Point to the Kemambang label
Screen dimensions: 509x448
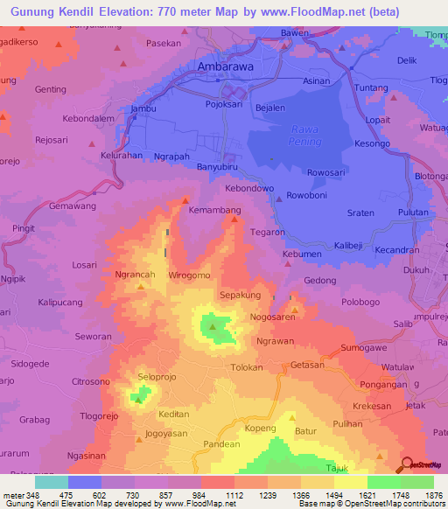click(x=214, y=211)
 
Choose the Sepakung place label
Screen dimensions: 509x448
click(x=239, y=296)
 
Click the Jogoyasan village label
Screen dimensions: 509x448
click(x=167, y=433)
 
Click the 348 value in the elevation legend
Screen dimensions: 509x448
click(x=32, y=494)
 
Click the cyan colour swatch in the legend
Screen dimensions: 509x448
click(x=51, y=482)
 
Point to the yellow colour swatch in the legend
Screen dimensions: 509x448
click(x=351, y=482)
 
